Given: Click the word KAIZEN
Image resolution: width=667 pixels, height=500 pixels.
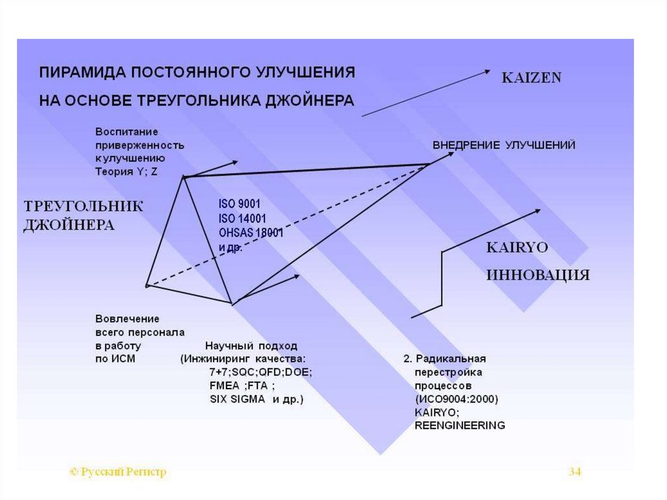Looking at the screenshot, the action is pos(531,78).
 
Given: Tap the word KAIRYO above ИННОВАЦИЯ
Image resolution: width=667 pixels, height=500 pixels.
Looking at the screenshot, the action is pos(517,248).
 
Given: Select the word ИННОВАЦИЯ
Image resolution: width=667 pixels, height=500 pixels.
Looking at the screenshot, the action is pos(538,275).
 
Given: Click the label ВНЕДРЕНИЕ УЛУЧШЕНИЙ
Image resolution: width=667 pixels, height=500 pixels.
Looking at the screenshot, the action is pos(504,145).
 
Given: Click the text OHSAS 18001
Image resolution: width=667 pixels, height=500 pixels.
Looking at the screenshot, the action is pos(251,233).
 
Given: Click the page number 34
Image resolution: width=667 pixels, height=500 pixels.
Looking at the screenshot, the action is pos(575,471).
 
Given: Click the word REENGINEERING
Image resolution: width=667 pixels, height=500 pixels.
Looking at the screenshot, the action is pos(459,426).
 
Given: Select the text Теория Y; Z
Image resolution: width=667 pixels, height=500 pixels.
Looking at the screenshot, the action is pos(126,171).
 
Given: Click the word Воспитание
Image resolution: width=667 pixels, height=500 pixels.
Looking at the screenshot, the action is pos(126,132).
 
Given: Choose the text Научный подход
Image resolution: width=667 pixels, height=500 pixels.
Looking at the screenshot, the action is pos(251,346).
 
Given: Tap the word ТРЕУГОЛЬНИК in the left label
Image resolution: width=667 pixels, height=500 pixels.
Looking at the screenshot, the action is pos(83,207).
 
